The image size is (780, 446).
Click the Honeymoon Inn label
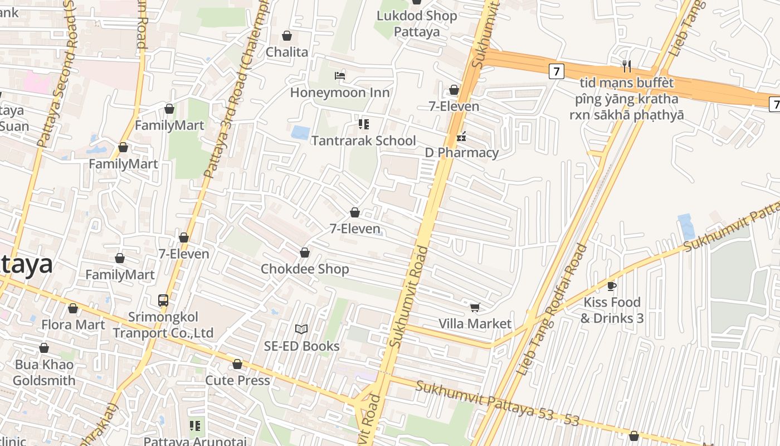[340, 92]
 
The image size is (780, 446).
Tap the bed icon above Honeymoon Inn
[340, 75]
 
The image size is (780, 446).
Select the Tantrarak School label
[363, 140]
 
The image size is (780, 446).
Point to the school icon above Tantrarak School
[364, 124]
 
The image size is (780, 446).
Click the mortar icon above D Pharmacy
[461, 137]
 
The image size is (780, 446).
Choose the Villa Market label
[475, 323]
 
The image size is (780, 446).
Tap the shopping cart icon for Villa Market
[475, 307]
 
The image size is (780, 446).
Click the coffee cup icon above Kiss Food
[611, 286]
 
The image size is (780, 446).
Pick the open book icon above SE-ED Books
[301, 329]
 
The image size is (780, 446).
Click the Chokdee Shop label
[305, 269]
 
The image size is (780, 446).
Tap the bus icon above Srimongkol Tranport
[163, 300]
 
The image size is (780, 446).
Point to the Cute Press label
[237, 380]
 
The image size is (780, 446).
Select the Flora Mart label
[73, 324]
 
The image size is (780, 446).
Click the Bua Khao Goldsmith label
[44, 372]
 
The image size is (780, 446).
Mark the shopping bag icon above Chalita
[287, 36]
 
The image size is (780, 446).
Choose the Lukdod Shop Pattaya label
[417, 23]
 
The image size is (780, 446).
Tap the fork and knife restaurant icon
[627, 66]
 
